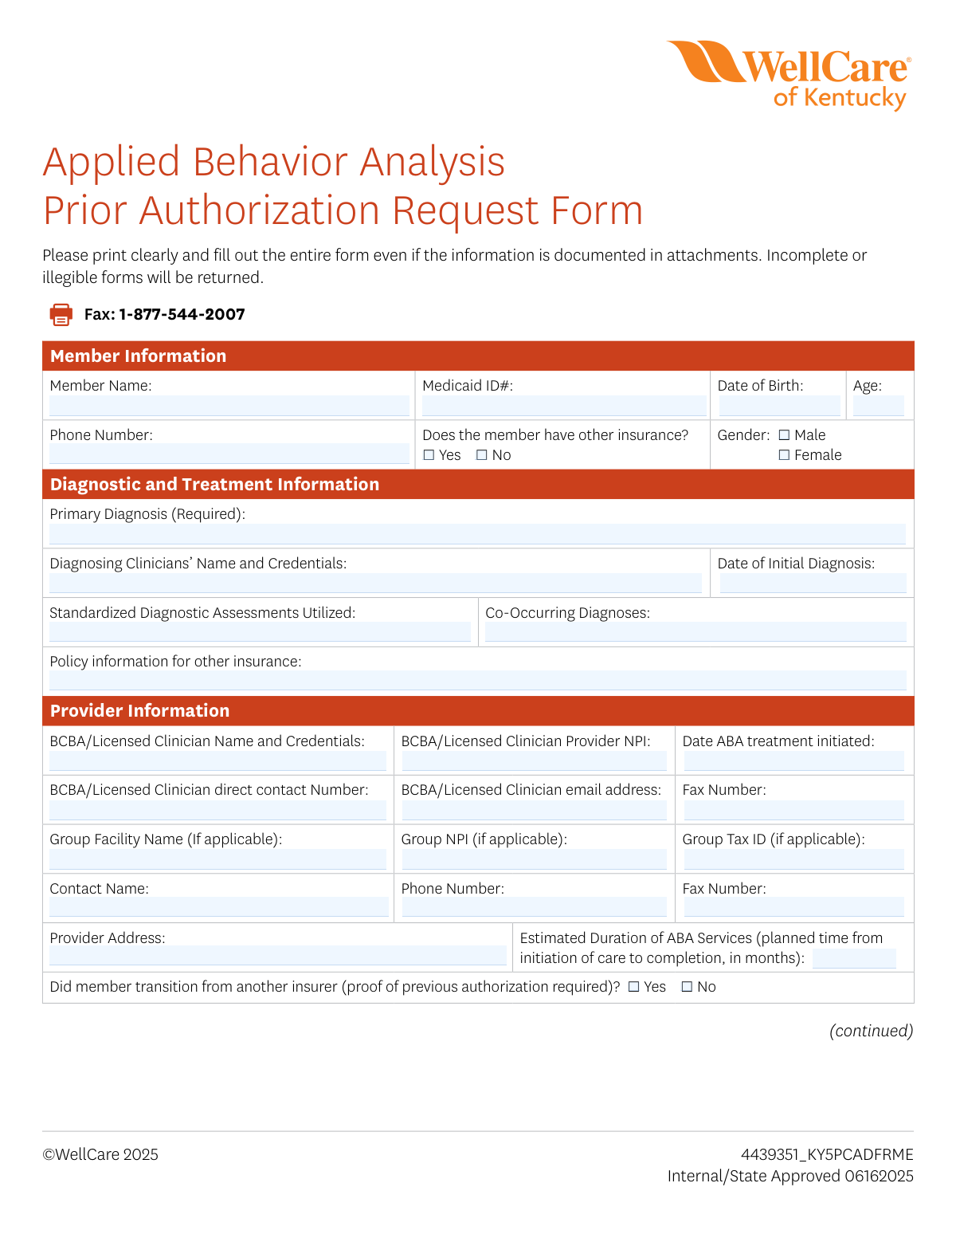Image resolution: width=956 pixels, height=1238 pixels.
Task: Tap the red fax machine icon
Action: (61, 314)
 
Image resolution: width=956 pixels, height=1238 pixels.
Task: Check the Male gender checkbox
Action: (784, 435)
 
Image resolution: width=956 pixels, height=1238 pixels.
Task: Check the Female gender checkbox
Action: (784, 455)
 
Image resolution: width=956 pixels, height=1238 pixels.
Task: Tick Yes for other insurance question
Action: (429, 455)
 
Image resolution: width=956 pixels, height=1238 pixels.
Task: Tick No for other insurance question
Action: (481, 455)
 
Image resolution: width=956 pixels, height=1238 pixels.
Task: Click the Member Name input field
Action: (229, 406)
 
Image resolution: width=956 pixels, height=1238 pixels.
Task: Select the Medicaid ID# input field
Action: (563, 406)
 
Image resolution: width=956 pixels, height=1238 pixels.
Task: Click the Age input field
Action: (878, 406)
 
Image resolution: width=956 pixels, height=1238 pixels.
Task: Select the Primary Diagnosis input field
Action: (477, 534)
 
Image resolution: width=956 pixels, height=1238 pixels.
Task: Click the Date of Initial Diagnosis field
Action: (813, 584)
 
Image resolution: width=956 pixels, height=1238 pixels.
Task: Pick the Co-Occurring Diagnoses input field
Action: (695, 632)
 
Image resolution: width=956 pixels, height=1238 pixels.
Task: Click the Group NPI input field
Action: (534, 859)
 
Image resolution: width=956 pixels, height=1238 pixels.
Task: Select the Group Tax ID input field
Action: (793, 859)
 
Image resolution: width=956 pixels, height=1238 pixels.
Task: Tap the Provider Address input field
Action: (277, 955)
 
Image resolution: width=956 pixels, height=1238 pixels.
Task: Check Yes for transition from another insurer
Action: (634, 987)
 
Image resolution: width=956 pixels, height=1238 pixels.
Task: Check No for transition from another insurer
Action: (687, 987)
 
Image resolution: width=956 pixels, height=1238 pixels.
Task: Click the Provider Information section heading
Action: (139, 711)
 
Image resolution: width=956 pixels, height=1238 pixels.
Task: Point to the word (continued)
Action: (871, 1031)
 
